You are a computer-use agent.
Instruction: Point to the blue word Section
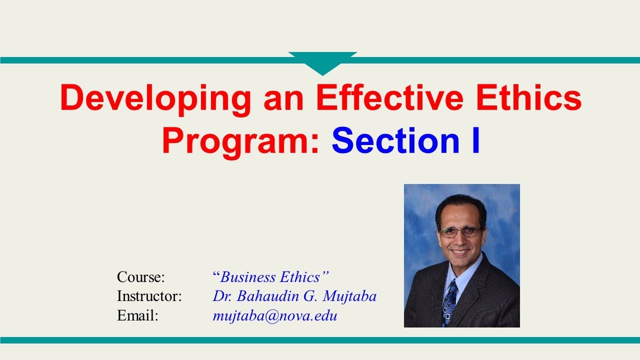(394, 141)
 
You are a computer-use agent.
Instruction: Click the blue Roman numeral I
(474, 141)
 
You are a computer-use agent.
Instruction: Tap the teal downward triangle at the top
(322, 63)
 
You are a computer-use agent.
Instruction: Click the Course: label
(140, 277)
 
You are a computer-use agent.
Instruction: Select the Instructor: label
(149, 296)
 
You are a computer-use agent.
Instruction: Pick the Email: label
(137, 316)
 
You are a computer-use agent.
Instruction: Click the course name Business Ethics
(270, 277)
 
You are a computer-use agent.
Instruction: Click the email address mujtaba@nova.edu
(274, 316)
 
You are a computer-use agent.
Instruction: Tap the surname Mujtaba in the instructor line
(349, 296)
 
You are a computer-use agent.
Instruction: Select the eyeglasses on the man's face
(460, 232)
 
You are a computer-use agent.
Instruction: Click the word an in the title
(283, 98)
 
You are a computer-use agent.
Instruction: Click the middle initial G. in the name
(309, 296)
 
